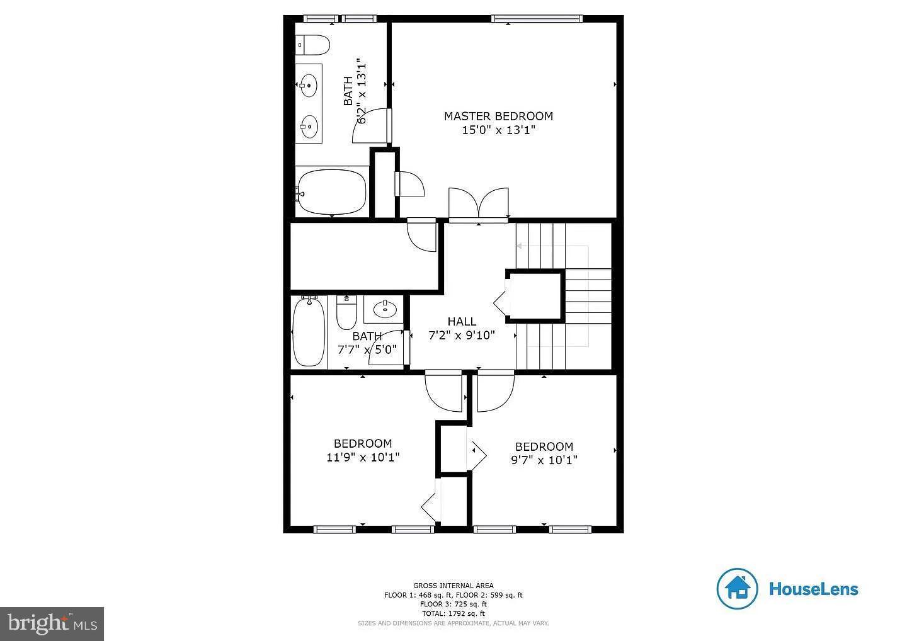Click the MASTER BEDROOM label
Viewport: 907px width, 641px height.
(498, 116)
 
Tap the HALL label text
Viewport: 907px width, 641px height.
(462, 322)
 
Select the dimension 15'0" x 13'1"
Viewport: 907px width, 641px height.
(498, 131)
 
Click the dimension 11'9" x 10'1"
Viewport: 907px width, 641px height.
(363, 458)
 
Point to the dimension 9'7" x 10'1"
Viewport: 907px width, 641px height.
(544, 460)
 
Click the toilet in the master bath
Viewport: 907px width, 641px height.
(314, 44)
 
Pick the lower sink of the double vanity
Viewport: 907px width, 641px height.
(309, 126)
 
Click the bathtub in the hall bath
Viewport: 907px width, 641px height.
(309, 332)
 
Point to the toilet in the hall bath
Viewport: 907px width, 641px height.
(346, 314)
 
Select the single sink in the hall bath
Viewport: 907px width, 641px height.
(384, 309)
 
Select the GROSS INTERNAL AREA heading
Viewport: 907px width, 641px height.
(453, 586)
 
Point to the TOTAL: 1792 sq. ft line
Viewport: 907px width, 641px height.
(453, 613)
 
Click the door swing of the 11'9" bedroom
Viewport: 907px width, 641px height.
(443, 390)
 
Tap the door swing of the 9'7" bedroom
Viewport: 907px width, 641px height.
(495, 390)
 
